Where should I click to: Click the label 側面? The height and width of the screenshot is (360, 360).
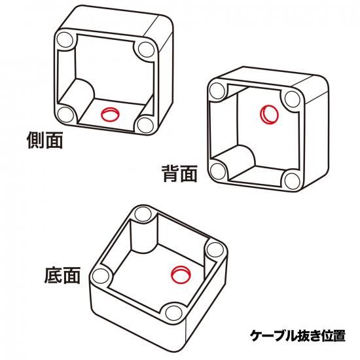[45, 140]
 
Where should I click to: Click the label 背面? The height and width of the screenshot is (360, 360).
[180, 173]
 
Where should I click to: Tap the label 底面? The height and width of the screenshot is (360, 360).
[62, 276]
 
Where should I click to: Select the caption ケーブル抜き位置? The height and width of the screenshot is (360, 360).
[298, 335]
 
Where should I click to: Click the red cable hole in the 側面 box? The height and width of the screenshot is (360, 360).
[111, 114]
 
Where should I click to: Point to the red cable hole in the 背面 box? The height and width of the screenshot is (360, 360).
[269, 115]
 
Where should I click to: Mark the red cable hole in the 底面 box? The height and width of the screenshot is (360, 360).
[181, 275]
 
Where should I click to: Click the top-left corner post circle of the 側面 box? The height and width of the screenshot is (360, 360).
[65, 40]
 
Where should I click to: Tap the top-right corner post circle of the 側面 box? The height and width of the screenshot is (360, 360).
[147, 50]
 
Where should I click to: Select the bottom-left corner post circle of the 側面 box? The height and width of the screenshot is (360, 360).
[65, 114]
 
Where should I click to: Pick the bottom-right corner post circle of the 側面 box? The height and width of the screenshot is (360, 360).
[145, 125]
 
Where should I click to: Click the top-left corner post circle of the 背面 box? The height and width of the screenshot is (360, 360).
[217, 91]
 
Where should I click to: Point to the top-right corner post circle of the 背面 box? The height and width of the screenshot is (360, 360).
[293, 99]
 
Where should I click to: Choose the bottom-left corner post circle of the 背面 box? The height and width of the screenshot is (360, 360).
[218, 171]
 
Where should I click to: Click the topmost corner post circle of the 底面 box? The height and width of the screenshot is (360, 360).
[143, 215]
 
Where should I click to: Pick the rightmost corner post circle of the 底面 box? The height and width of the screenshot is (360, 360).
[215, 250]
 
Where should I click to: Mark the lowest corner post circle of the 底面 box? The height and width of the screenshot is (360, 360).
[174, 313]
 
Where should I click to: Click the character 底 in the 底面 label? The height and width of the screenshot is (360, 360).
[53, 276]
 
